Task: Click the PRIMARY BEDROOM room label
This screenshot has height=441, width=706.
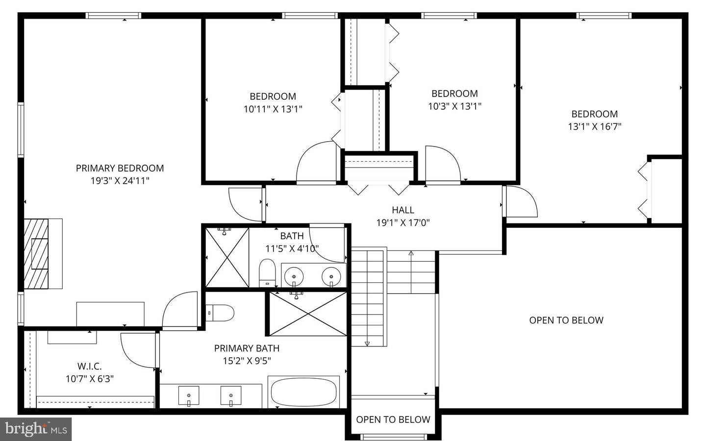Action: tap(120, 168)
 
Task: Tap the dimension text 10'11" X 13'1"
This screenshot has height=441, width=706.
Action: tap(273, 109)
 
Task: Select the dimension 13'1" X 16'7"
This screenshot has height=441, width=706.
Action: tap(594, 126)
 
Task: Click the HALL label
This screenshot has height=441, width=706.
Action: tap(403, 210)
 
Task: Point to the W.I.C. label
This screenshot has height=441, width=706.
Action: tap(90, 366)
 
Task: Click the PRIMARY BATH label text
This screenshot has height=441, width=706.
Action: tap(247, 348)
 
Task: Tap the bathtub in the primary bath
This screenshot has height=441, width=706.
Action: tap(304, 392)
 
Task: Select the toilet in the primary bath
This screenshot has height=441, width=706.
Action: tap(221, 312)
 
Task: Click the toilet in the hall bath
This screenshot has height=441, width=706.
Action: tap(267, 273)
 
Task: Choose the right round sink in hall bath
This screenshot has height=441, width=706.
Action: tap(331, 276)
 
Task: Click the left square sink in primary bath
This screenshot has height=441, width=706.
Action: tap(189, 395)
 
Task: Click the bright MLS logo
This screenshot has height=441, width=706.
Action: tap(36, 429)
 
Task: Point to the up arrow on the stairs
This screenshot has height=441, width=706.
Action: tap(411, 253)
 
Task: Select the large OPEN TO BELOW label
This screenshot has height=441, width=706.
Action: tap(566, 320)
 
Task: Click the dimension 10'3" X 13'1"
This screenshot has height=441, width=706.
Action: tap(454, 106)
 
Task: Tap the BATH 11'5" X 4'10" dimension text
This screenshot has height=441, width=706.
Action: tap(292, 248)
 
